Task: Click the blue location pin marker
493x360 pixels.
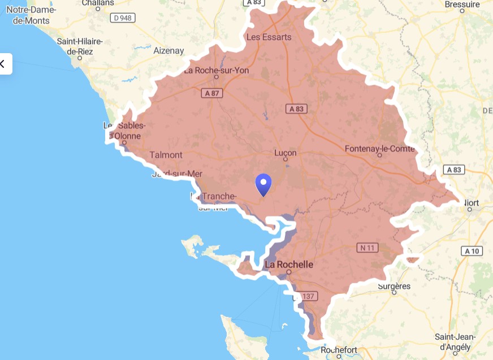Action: (x=263, y=184)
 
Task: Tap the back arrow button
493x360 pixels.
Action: (x=3, y=64)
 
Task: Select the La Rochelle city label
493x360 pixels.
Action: (x=289, y=264)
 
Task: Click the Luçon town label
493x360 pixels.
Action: (x=285, y=153)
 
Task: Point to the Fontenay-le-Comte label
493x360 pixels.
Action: (x=379, y=149)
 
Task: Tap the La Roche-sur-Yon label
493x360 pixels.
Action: (x=216, y=71)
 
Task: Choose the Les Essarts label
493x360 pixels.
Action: (x=269, y=37)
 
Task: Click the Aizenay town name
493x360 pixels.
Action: (x=168, y=51)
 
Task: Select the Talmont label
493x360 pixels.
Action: (x=166, y=155)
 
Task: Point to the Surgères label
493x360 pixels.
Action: (x=394, y=286)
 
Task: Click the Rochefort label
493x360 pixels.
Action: (x=339, y=350)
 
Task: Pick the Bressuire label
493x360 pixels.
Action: (x=462, y=5)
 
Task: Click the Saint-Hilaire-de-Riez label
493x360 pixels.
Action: (x=79, y=46)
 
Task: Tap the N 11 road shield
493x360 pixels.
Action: (x=367, y=247)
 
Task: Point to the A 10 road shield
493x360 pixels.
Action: (x=473, y=251)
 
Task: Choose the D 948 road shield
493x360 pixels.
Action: (x=123, y=18)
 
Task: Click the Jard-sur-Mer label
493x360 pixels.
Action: (x=177, y=174)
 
